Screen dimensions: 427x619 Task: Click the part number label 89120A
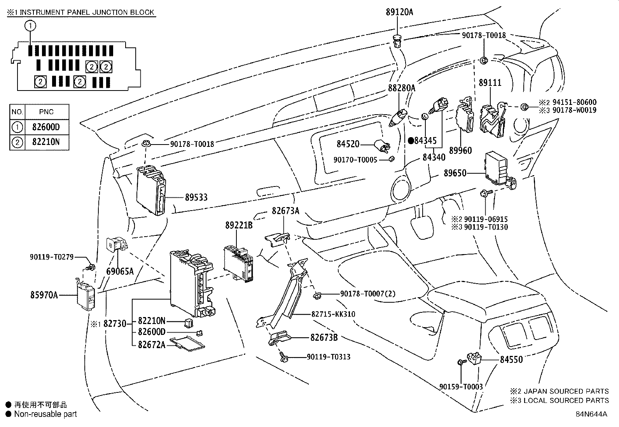[399, 12]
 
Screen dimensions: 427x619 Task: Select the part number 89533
[196, 197]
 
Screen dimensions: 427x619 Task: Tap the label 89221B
[239, 225]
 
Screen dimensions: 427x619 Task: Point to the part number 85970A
[44, 295]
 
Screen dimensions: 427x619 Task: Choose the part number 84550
[511, 359]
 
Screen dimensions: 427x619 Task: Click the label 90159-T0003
[461, 387]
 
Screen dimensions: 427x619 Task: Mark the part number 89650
[455, 173]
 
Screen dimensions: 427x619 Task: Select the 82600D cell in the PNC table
[46, 127]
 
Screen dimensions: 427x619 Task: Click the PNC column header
[46, 112]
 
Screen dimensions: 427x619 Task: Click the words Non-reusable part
[45, 414]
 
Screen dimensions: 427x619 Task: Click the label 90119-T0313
[329, 356]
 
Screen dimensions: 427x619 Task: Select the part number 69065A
[120, 271]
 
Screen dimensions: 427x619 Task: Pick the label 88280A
[401, 88]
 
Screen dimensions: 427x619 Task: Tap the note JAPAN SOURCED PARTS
[566, 391]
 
